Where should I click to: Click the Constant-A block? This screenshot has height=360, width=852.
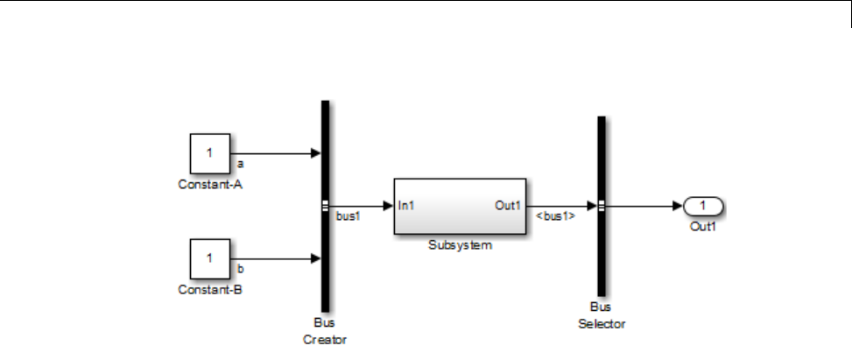(x=210, y=154)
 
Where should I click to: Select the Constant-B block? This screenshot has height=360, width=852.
(x=210, y=259)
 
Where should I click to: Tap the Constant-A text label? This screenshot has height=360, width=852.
(x=209, y=184)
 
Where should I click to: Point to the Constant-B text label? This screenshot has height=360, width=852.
(x=209, y=289)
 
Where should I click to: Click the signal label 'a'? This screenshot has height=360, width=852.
(x=240, y=163)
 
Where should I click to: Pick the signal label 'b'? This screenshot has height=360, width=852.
(x=240, y=268)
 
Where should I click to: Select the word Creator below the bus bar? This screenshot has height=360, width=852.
(x=326, y=339)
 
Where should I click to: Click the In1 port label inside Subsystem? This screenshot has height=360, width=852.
(x=406, y=206)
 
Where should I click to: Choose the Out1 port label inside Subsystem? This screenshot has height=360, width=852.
(x=508, y=206)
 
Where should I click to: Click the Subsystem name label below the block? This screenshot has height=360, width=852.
(x=460, y=245)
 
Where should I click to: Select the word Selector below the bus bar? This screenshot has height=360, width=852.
(x=602, y=324)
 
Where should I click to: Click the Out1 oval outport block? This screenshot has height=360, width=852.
(x=702, y=206)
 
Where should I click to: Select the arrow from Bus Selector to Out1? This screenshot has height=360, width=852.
(x=644, y=206)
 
